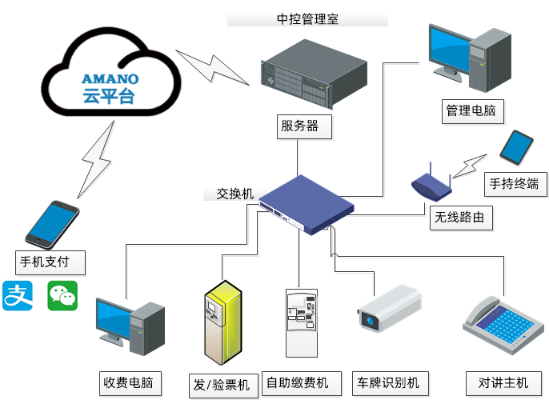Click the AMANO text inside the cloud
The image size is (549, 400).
(110, 79)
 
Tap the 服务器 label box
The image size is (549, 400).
(299, 126)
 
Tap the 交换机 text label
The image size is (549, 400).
(235, 194)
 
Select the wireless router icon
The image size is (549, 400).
(431, 185)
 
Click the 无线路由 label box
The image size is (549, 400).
(459, 217)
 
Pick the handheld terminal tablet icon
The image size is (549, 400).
(516, 147)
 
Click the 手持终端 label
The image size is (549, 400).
(514, 185)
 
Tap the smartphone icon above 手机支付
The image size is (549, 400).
(53, 223)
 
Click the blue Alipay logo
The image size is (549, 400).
(18, 296)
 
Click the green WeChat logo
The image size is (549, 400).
(62, 296)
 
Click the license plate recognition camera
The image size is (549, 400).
(388, 310)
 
